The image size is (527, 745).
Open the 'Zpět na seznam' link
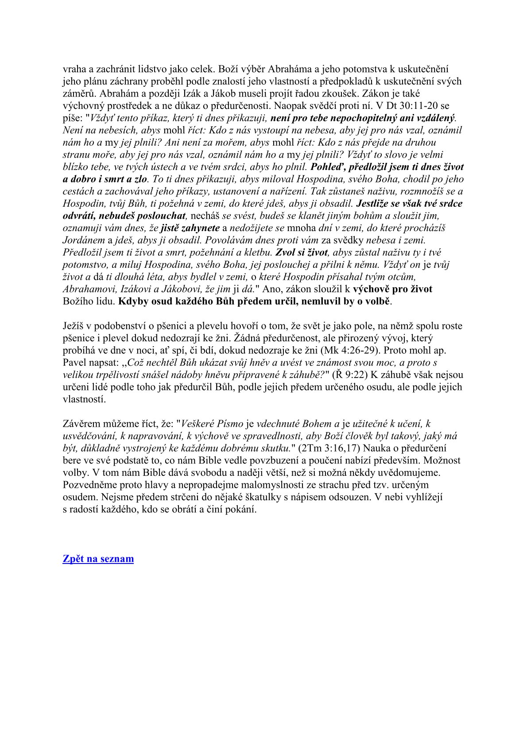98,559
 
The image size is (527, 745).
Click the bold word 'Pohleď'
326,167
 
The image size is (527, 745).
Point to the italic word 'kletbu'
259,253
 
